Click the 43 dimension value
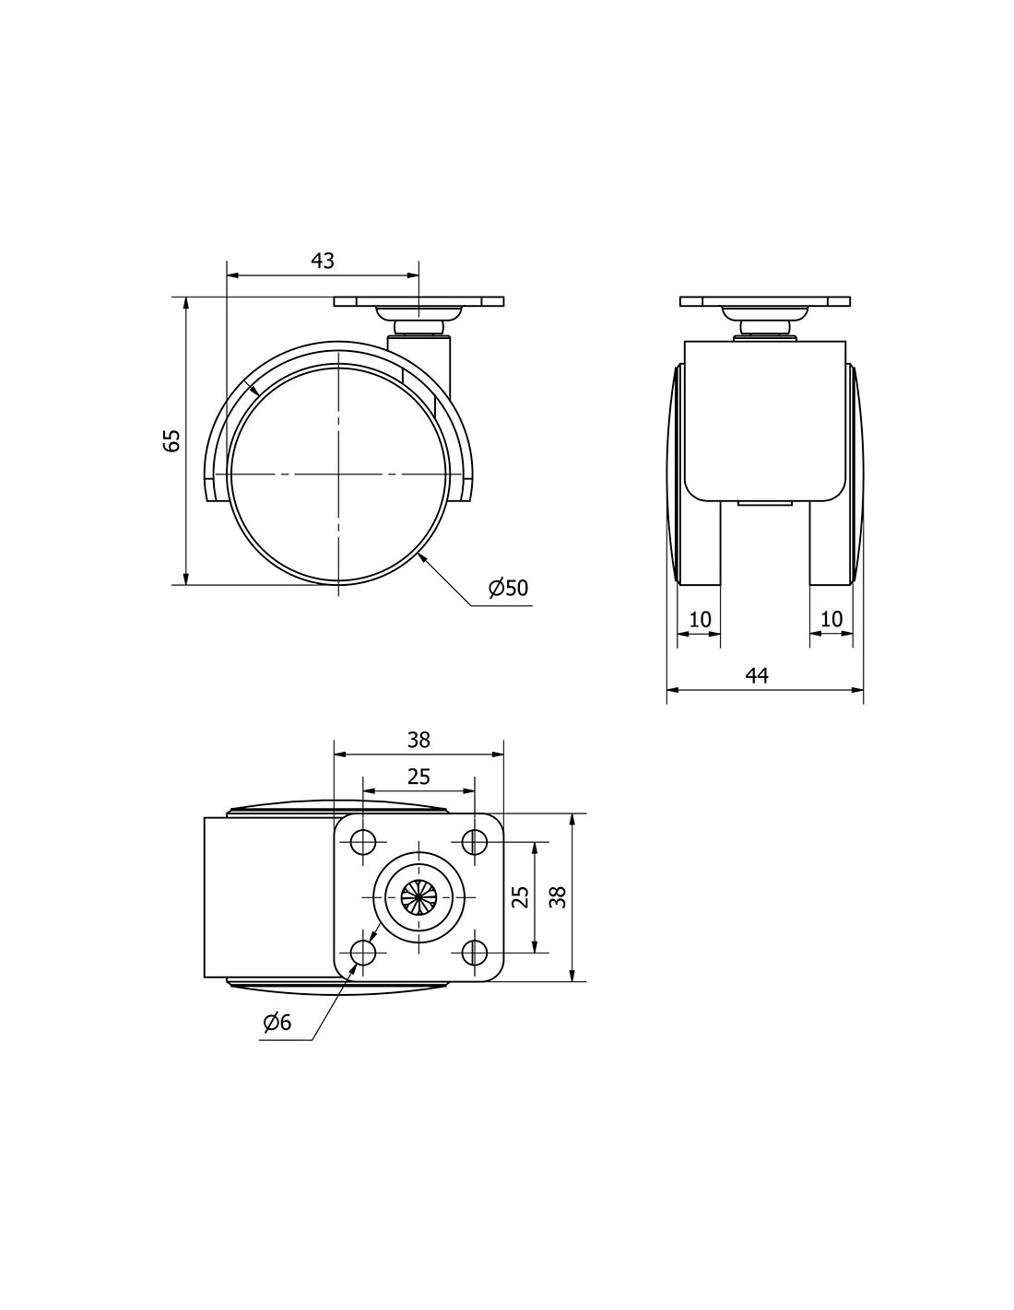322,261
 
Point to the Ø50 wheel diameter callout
508,588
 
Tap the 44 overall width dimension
757,676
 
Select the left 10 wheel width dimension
700,619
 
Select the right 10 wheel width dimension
831,619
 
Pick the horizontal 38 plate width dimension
419,740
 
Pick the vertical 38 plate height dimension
559,897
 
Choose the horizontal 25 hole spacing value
419,778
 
